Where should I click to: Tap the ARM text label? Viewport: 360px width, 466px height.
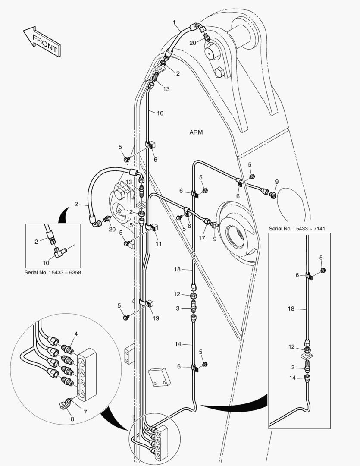point(196,132)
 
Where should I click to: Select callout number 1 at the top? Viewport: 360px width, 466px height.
point(174,22)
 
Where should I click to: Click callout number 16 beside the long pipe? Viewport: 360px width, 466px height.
point(160,113)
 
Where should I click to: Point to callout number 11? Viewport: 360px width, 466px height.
point(159,244)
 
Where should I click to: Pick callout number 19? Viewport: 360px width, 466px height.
point(156,318)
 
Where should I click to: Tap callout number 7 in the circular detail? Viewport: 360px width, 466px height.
point(85,412)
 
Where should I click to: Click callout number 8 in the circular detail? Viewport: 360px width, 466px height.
point(72,418)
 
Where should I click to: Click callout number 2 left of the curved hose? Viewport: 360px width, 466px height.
point(75,204)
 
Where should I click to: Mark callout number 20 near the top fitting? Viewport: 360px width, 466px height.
point(192,42)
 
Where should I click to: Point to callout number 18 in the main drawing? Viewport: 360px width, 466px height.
point(177,269)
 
